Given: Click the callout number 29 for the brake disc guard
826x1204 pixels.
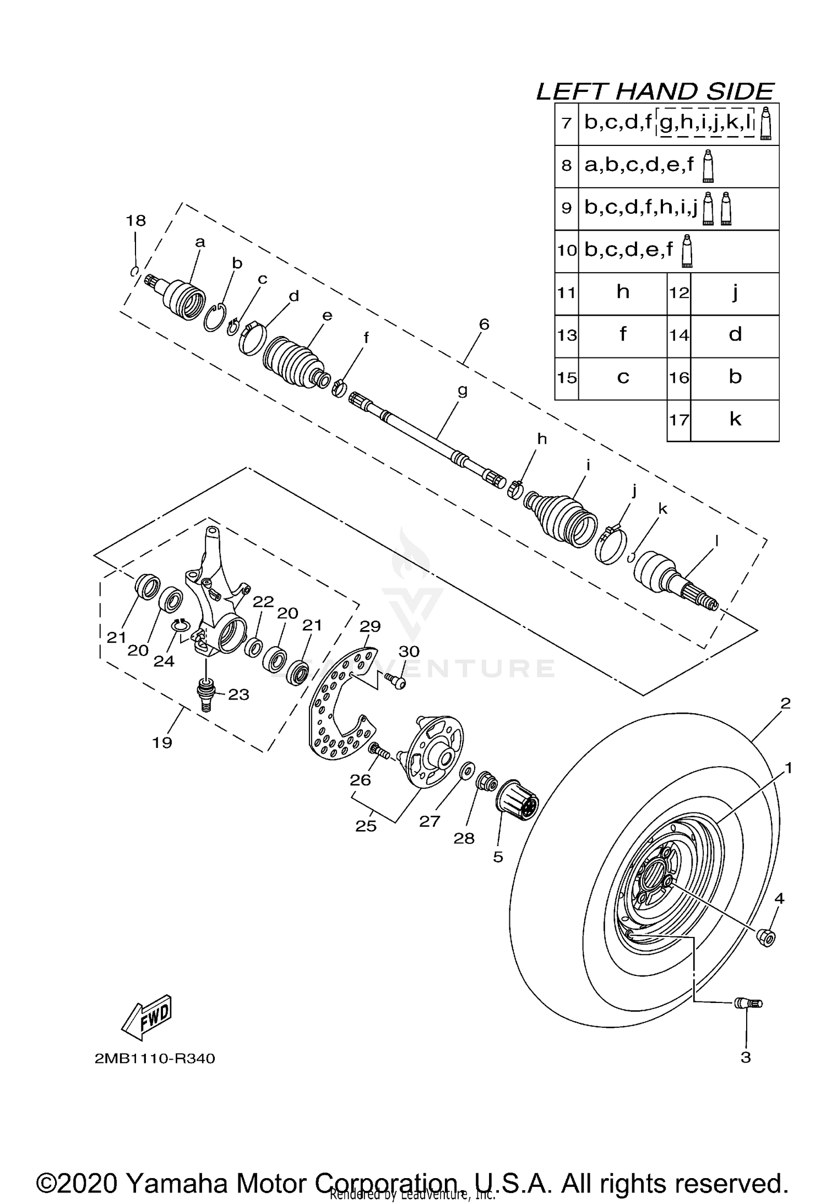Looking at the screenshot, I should tap(370, 626).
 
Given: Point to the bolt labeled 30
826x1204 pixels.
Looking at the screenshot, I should tap(396, 681).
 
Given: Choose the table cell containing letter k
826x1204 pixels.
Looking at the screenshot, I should tap(735, 420).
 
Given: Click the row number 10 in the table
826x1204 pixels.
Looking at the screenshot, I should tap(566, 251).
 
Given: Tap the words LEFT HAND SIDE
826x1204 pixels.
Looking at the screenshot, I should tap(655, 91).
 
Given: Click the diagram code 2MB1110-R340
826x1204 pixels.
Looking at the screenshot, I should tap(155, 1059).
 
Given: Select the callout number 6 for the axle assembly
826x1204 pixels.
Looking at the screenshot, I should tap(483, 324).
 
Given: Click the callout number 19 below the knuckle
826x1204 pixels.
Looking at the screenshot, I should tap(162, 742).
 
